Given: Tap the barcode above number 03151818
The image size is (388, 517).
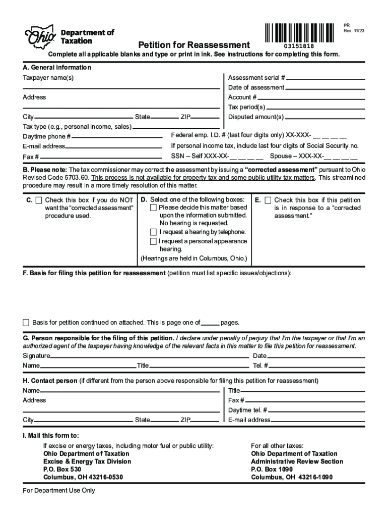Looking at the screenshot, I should point(299,32).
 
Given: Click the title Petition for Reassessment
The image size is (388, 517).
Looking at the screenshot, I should point(194,45).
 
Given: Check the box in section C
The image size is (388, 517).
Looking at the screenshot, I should point(39,200).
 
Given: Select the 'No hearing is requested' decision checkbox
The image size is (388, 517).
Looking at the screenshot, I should point(153,208).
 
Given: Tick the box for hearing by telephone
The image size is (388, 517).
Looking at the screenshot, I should point(153,232).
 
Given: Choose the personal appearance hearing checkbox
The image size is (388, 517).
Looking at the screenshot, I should point(153,241).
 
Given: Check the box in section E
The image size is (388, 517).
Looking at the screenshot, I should point(268,200).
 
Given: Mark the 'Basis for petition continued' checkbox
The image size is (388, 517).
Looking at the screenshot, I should point(26,322).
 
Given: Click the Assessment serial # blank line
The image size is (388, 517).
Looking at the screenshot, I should point(326,79).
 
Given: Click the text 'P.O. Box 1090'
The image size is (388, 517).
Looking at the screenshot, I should point(271,469).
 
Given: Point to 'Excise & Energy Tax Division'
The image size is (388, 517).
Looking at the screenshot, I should point(87,461).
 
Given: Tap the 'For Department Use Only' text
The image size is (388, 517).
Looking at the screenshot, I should point(59,490).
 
